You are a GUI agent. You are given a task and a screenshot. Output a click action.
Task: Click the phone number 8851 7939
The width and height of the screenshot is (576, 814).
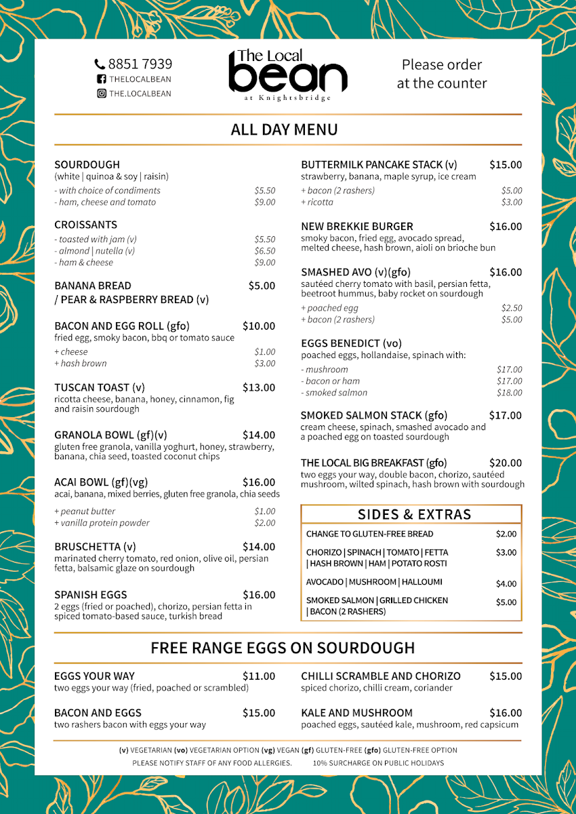coord(140,64)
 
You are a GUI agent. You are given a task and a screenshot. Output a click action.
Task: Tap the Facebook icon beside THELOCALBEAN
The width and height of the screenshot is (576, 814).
coord(101,79)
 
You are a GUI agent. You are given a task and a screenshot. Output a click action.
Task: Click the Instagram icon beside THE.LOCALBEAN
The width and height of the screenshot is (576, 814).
coord(101,94)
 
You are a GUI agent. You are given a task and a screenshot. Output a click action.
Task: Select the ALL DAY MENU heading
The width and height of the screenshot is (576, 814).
coord(284,130)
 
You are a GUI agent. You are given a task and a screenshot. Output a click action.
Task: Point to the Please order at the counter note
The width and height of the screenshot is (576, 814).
coord(442,74)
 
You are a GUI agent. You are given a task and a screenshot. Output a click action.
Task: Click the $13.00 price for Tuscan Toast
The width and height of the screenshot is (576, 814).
coord(259,388)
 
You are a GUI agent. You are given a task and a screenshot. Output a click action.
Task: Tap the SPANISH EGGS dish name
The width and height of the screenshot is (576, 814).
coord(90,595)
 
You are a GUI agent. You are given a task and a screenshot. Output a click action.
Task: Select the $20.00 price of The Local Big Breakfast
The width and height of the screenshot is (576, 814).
coord(506,463)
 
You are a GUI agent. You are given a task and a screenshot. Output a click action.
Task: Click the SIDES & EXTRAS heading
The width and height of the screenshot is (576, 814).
coord(414,514)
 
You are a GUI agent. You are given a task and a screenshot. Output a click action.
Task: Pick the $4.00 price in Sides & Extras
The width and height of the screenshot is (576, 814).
coord(506,583)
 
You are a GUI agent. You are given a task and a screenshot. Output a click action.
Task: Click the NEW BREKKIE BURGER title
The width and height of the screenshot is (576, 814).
coord(356,227)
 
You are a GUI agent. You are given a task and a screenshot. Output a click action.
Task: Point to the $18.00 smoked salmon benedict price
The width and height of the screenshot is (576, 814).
coord(510,393)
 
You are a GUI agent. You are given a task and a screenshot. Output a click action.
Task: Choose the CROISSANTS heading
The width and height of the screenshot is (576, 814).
coord(85,225)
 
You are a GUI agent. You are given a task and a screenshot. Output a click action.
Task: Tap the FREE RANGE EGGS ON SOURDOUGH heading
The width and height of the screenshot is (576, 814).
coord(283,648)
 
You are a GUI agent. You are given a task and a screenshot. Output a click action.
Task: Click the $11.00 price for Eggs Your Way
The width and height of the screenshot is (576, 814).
coord(259,676)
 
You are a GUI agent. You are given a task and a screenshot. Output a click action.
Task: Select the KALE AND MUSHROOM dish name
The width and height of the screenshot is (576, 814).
coord(356,713)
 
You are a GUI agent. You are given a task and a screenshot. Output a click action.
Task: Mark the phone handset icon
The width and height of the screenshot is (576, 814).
coord(100,64)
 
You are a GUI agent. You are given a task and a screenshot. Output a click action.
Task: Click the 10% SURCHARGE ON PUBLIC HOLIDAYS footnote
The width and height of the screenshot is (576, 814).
coord(378,763)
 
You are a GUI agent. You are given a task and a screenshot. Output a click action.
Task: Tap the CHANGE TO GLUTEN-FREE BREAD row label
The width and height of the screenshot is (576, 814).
coord(369,535)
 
